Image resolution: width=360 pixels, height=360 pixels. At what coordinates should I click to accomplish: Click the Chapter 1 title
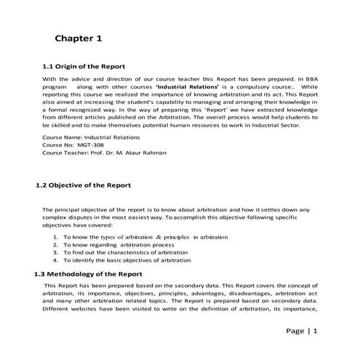[83, 36]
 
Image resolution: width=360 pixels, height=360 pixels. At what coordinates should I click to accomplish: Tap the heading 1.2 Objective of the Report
[83, 185]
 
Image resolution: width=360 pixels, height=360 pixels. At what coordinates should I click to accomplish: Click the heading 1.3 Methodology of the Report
[88, 273]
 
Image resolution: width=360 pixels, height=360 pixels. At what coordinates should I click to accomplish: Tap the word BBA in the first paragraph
[311, 79]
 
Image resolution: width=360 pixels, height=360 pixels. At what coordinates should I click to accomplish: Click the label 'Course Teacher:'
[65, 153]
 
